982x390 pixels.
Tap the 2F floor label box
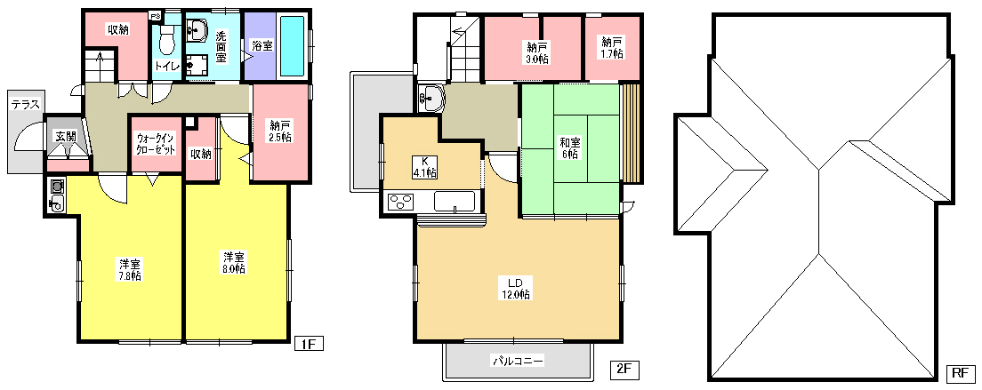pos(624,370)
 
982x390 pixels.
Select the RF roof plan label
pos(960,373)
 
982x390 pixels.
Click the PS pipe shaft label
pos(155,16)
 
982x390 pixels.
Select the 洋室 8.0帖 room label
pos(234,262)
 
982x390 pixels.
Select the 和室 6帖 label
pos(569,147)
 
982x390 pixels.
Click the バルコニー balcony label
pos(518,361)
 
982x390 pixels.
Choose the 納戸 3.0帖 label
pos(536,52)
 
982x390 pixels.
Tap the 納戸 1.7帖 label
pos(612,48)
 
